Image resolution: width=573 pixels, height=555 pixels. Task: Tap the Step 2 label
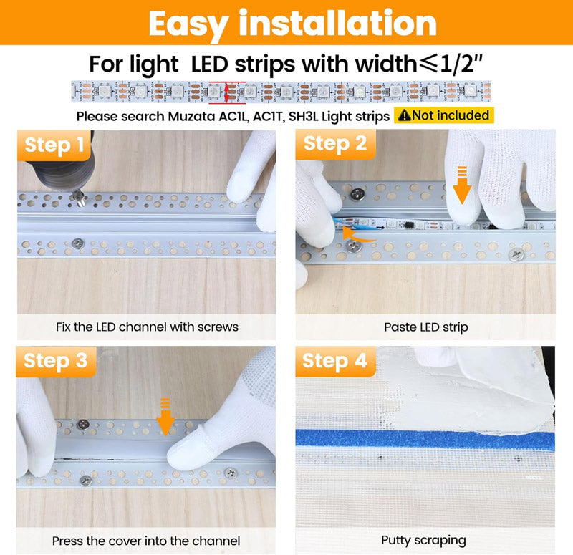coord(334,143)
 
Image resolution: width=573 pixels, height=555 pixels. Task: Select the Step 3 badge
coord(55,360)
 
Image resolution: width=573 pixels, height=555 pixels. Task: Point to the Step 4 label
coord(334,360)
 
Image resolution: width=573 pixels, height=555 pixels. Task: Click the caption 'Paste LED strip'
coord(425,327)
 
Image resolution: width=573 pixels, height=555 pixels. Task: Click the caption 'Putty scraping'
coord(423,540)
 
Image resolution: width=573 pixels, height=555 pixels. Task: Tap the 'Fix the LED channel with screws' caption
coord(147,327)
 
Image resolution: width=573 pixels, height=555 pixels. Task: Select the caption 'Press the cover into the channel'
coord(146,541)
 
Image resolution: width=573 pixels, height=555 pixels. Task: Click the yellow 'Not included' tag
coord(444,115)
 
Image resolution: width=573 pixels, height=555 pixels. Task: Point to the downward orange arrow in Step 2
coord(462,185)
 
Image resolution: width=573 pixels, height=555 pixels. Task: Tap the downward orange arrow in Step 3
coord(165,417)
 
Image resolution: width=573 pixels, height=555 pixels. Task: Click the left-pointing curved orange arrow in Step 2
coord(358,234)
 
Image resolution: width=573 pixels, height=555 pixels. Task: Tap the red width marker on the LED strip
coord(227,91)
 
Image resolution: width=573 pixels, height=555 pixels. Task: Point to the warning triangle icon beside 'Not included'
coord(405,115)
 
